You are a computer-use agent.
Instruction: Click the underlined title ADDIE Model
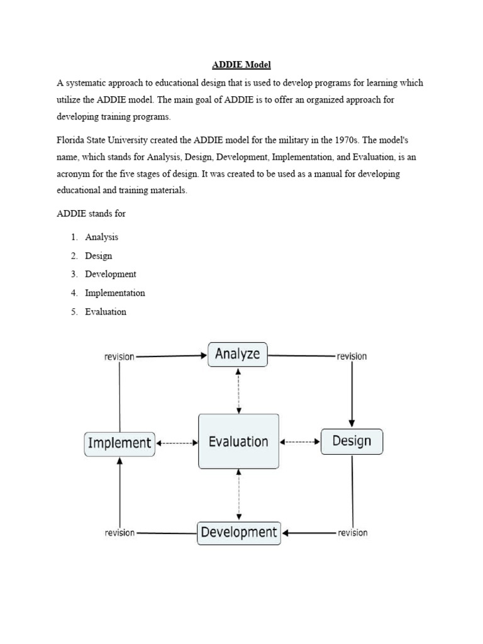pyautogui.click(x=241, y=64)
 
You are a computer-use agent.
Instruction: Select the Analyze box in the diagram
pyautogui.click(x=238, y=354)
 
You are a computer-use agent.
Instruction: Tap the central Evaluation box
pyautogui.click(x=238, y=441)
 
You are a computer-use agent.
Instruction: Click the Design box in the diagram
pyautogui.click(x=352, y=441)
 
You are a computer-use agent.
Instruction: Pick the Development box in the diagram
pyautogui.click(x=239, y=533)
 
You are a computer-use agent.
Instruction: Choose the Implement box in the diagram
pyautogui.click(x=119, y=443)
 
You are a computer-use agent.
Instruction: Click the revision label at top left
pyautogui.click(x=119, y=357)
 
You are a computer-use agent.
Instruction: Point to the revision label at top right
pyautogui.click(x=352, y=357)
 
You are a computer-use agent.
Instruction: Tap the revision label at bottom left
pyautogui.click(x=119, y=533)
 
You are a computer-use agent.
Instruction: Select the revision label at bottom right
pyautogui.click(x=352, y=533)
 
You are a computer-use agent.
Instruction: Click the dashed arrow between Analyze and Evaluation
pyautogui.click(x=238, y=390)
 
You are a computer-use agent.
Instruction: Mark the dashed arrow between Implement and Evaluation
pyautogui.click(x=177, y=443)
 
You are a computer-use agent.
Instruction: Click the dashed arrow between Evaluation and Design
pyautogui.click(x=300, y=442)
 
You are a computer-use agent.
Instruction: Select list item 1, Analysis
pyautogui.click(x=101, y=237)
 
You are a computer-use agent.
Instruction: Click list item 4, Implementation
pyautogui.click(x=115, y=292)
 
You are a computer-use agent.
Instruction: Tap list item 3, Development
pyautogui.click(x=111, y=274)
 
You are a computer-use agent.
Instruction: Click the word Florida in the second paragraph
pyautogui.click(x=70, y=140)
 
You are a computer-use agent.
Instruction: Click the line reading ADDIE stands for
pyautogui.click(x=91, y=213)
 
